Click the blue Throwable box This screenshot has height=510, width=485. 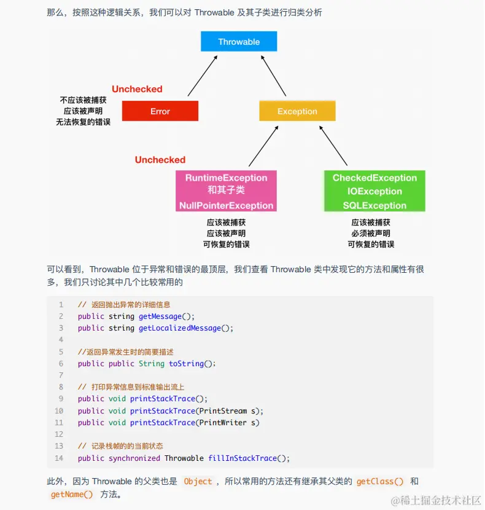[239, 42]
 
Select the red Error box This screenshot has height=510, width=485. [160, 111]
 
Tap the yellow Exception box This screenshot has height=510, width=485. [297, 111]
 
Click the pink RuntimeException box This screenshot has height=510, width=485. [227, 191]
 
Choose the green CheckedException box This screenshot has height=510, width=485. [374, 191]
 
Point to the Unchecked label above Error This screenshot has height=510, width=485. [137, 89]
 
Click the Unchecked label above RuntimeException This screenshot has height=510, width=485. [160, 160]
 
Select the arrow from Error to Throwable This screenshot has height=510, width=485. [203, 75]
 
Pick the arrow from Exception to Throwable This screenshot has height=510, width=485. [273, 75]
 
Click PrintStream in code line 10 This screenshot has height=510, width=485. [222, 411]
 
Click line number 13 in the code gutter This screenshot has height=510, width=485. [59, 446]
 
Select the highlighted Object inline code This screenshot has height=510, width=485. [198, 482]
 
